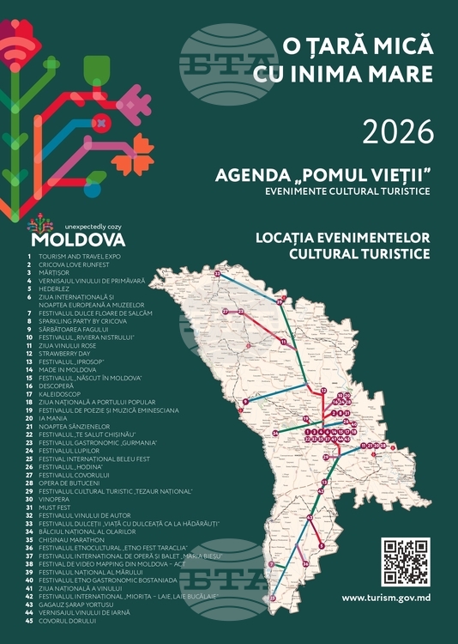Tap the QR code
click(x=406, y=562)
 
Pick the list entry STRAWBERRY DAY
click(x=64, y=353)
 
